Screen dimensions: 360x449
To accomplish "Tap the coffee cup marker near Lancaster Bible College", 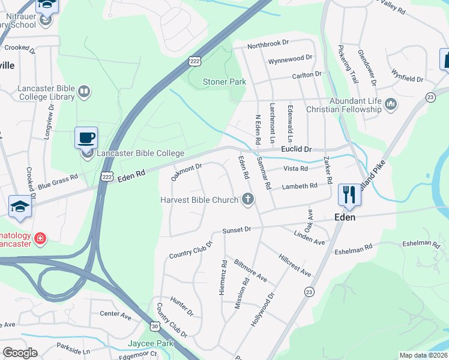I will pos(85,138).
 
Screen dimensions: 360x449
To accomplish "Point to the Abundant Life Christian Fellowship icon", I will pos(391,105).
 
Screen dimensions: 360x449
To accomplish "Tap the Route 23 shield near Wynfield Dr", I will pos(430,97).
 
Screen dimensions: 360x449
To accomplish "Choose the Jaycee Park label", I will pos(150,344).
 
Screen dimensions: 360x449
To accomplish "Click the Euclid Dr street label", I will pos(297,149).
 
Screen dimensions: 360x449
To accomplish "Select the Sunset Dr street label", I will pos(236,230).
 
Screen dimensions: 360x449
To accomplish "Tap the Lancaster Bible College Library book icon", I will pos(84,92).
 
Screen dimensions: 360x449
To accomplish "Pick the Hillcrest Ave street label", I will pos(295,265).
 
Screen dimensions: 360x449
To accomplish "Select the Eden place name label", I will pos(346,217).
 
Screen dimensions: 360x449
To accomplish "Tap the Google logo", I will pos(20,353).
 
